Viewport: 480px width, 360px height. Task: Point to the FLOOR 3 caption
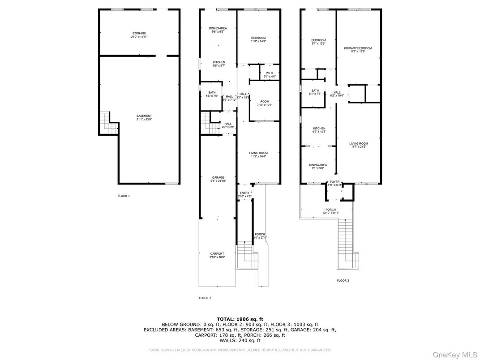tap(343, 281)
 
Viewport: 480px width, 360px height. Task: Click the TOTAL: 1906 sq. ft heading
tap(240, 319)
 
